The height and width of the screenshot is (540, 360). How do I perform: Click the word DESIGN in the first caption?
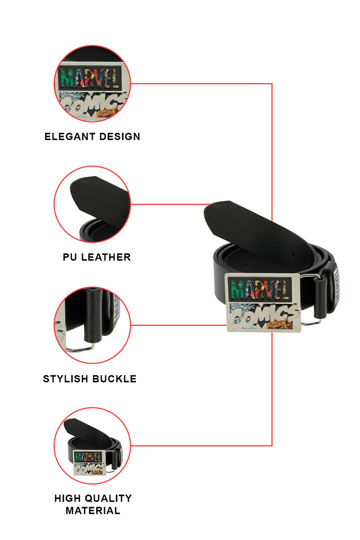point(120,136)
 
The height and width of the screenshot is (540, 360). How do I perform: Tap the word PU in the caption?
point(70,257)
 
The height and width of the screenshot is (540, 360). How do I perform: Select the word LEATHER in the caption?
point(106,257)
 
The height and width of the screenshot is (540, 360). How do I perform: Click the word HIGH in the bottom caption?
point(67,499)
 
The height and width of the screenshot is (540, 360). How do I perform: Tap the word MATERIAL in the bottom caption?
point(93,510)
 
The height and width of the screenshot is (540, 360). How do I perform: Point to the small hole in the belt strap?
point(293,255)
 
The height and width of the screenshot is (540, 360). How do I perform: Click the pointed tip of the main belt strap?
point(211,208)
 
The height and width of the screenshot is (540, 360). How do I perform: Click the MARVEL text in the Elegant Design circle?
point(90,79)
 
